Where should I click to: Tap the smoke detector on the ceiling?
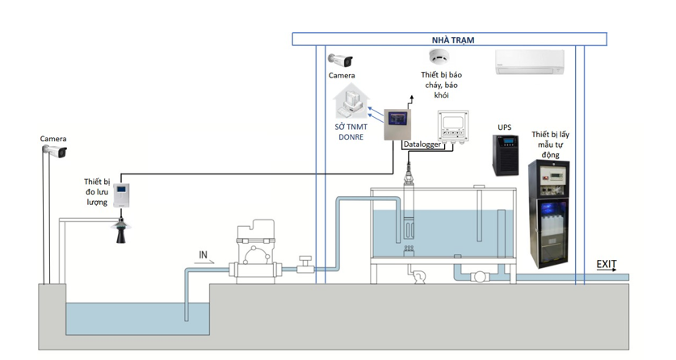[x=439, y=57]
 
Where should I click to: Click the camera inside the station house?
[x=341, y=61]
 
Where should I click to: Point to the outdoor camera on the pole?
[x=55, y=152]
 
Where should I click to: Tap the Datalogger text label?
[x=421, y=144]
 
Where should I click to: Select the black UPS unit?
[x=506, y=154]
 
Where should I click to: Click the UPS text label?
[x=505, y=128]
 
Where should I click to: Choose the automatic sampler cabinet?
[x=548, y=214]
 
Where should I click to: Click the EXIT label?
[x=607, y=264]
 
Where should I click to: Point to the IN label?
[x=204, y=255]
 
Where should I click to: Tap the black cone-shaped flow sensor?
[x=121, y=228]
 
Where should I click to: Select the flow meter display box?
[x=121, y=195]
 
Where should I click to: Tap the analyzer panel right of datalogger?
[x=454, y=126]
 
